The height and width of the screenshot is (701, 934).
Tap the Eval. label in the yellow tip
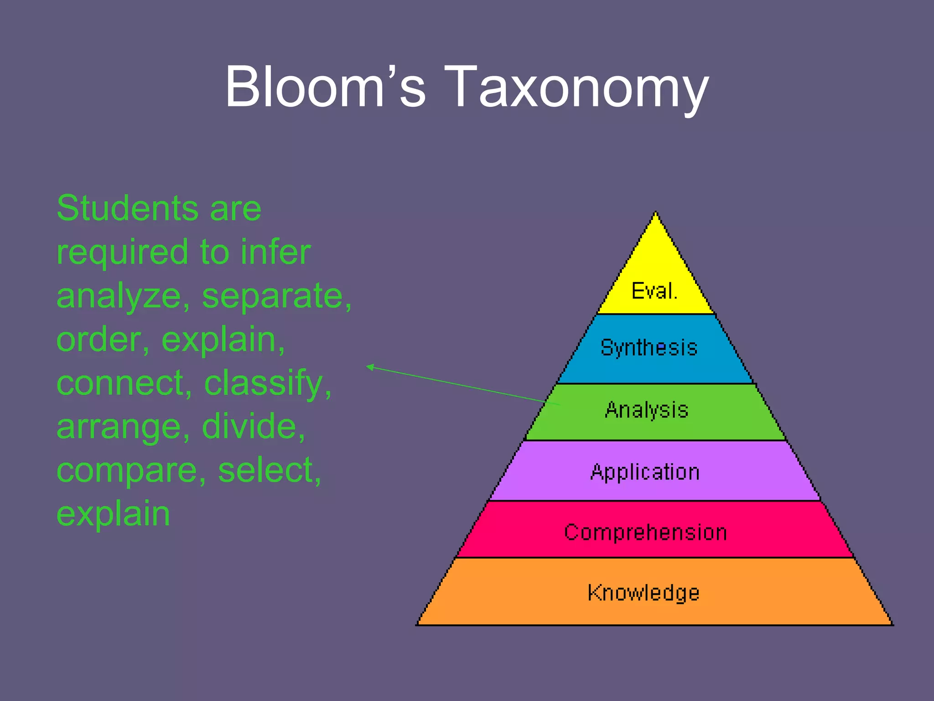(654, 291)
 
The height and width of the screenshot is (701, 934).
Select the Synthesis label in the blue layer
(649, 348)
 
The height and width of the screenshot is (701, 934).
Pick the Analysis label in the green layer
(646, 410)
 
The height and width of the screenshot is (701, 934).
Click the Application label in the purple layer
(645, 472)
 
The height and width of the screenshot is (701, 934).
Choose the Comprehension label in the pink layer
(645, 533)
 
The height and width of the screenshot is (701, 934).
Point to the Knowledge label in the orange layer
(643, 593)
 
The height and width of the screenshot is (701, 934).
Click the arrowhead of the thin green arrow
(369, 366)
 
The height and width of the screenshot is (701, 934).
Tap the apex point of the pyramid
(656, 213)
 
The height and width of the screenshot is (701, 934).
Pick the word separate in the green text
(276, 297)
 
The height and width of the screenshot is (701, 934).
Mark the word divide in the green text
(253, 426)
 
